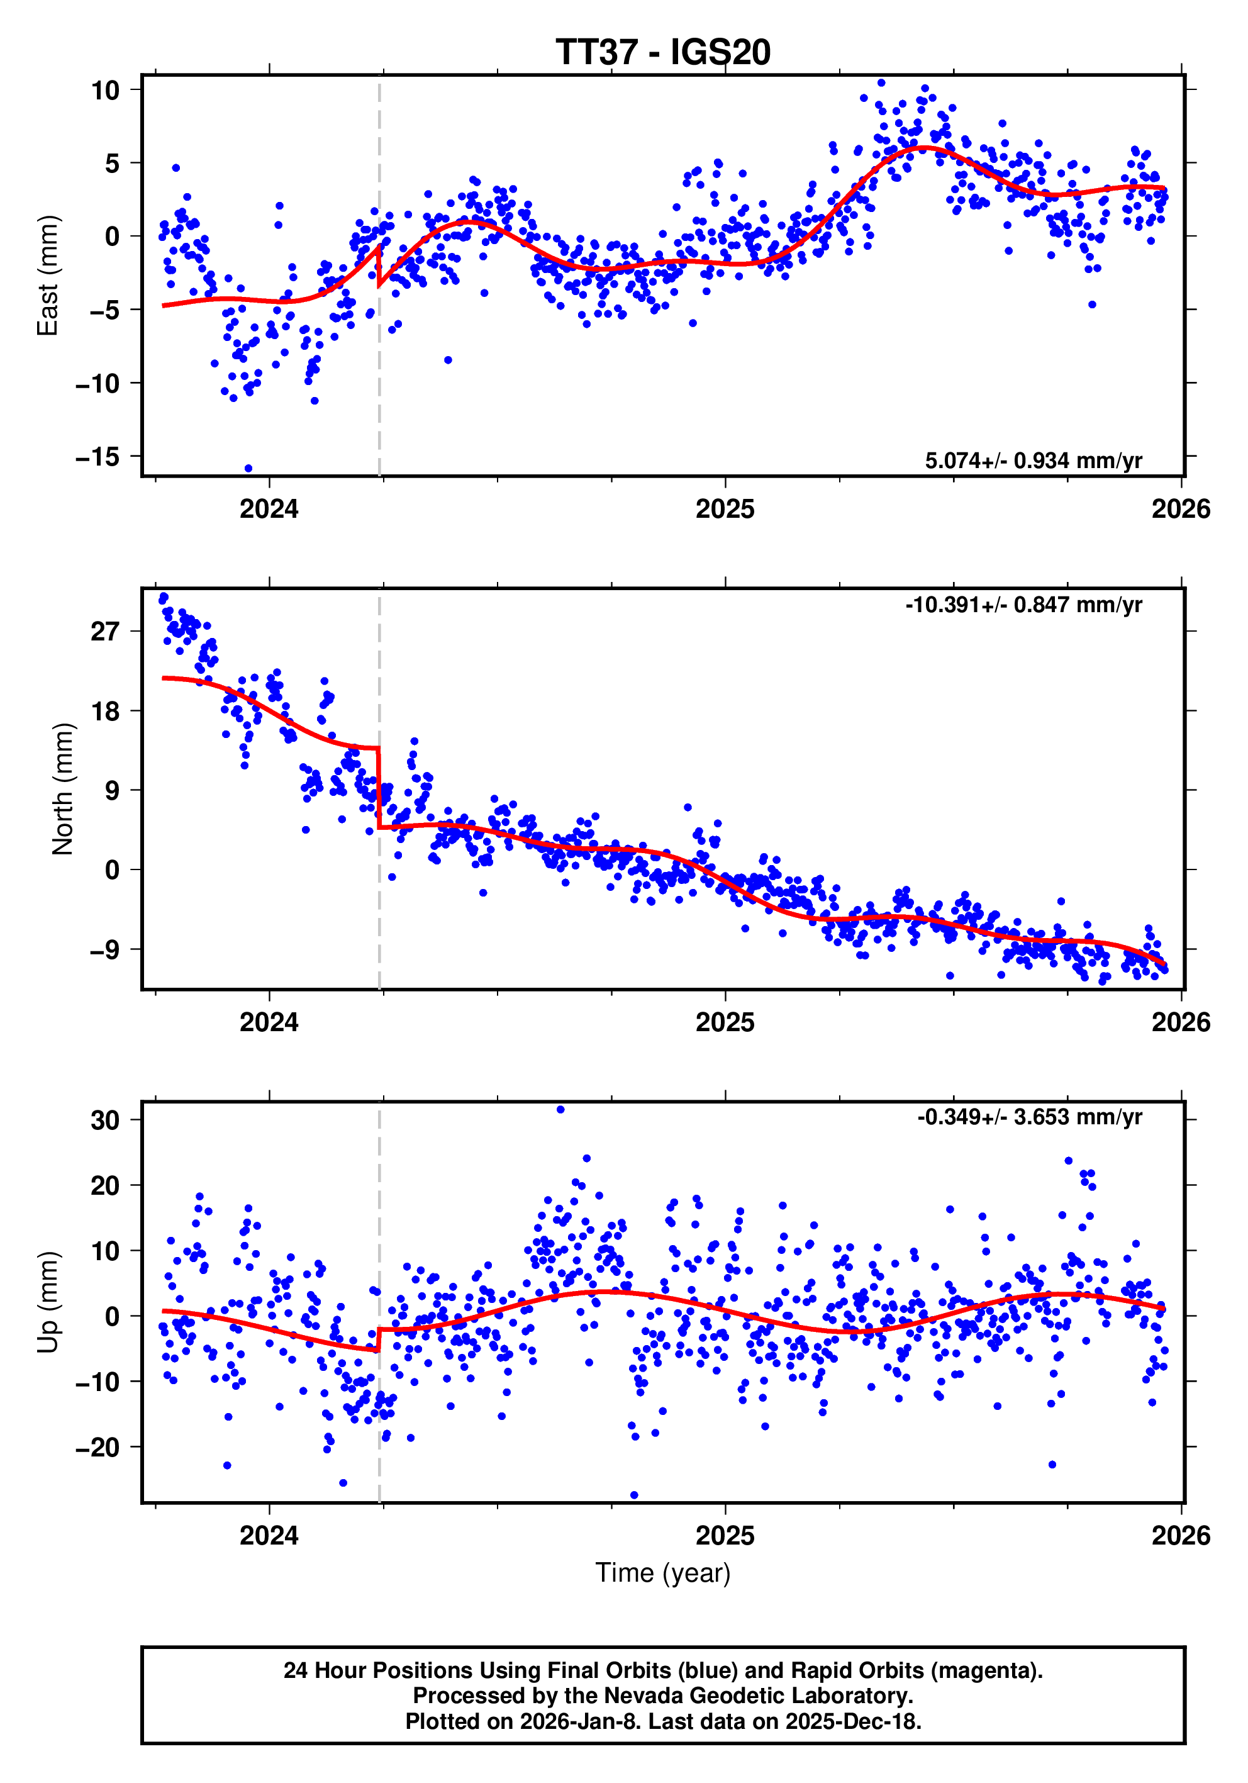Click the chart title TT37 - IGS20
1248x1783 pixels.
662,53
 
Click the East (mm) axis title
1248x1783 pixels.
48,276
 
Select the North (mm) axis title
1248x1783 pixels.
62,789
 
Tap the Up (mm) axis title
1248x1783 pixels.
48,1302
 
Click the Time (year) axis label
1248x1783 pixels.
662,1572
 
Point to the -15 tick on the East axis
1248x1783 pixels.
98,457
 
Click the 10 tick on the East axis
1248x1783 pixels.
106,90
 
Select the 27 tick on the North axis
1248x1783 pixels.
105,632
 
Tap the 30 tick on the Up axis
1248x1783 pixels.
105,1121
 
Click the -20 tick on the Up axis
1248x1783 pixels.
98,1448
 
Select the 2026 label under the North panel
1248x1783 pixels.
1181,1022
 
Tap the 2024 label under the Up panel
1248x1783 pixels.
269,1535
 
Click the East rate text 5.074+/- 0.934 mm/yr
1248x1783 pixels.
1033,461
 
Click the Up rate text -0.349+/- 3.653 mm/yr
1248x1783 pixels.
1029,1117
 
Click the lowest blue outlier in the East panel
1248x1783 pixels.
248,468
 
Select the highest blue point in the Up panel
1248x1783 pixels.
560,1110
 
